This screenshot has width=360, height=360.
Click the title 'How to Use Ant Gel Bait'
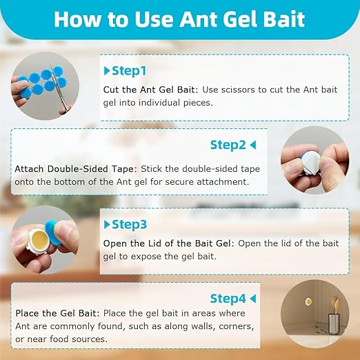coord(179,19)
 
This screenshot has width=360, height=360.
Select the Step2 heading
coord(228,145)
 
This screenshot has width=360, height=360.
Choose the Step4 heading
coord(228,299)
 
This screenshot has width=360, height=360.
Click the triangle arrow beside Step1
coord(107,70)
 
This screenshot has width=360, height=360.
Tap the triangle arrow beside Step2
coord(253,145)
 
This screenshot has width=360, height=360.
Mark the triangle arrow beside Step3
coord(107,224)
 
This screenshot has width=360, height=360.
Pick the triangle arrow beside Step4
coord(253,299)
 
